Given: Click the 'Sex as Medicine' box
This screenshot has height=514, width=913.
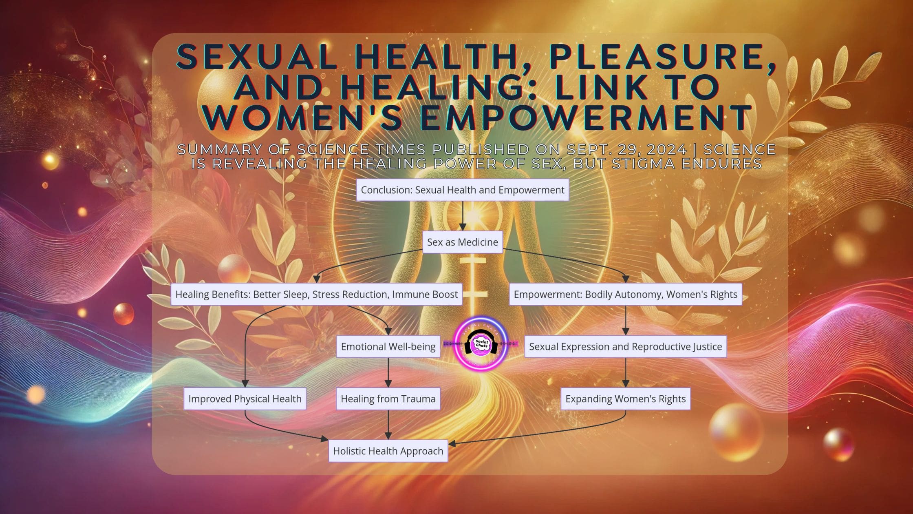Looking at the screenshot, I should (x=462, y=242).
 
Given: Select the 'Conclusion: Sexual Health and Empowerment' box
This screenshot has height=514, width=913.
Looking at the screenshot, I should (x=462, y=190).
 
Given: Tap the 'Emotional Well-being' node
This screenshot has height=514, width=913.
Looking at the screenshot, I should (x=388, y=347).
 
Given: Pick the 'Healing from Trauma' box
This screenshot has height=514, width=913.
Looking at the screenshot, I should (x=388, y=399).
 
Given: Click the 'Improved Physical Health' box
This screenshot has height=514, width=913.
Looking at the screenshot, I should (x=245, y=399).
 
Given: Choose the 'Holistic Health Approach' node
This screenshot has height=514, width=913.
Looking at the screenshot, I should (x=388, y=451).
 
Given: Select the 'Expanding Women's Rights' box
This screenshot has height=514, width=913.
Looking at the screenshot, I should (x=625, y=399).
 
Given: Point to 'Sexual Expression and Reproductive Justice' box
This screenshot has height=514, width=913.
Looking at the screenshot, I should (x=625, y=347).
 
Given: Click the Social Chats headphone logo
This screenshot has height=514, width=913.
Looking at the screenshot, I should (x=481, y=344).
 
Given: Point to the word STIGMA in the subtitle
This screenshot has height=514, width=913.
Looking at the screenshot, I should (x=636, y=164).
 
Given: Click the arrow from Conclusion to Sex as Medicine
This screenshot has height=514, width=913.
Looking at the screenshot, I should (x=462, y=216).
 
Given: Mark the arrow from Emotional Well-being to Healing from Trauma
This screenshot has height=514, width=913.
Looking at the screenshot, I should (x=388, y=373).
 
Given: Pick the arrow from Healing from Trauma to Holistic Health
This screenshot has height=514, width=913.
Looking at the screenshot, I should (x=388, y=425).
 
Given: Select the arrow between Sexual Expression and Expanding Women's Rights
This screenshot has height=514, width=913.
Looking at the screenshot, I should (x=625, y=373).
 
